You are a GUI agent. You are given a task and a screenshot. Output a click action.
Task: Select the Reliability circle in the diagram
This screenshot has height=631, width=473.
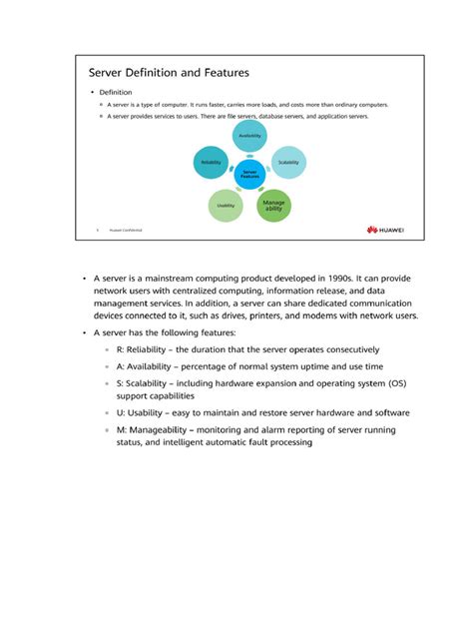pos(211,163)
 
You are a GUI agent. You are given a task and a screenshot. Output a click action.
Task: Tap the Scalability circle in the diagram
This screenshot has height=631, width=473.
pos(288,163)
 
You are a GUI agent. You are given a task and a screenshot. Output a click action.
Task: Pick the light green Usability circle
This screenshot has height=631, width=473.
pos(226,206)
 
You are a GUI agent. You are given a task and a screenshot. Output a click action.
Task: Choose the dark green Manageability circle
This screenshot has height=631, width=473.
pos(274,205)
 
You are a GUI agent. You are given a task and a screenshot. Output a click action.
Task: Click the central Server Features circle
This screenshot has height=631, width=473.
pos(249,174)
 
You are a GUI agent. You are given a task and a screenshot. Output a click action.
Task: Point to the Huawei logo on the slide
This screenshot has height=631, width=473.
pos(385,230)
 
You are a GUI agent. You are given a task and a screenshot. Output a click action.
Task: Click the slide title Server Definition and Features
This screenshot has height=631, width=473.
pos(169,73)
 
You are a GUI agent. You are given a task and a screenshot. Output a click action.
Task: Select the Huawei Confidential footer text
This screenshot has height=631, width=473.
pos(125,231)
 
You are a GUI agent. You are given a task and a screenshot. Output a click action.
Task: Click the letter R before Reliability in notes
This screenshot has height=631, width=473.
pos(119,350)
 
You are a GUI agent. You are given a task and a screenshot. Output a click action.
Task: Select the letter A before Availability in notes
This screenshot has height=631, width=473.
pos(119,367)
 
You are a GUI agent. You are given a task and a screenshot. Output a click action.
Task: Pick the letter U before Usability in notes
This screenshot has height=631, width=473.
pos(119,412)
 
